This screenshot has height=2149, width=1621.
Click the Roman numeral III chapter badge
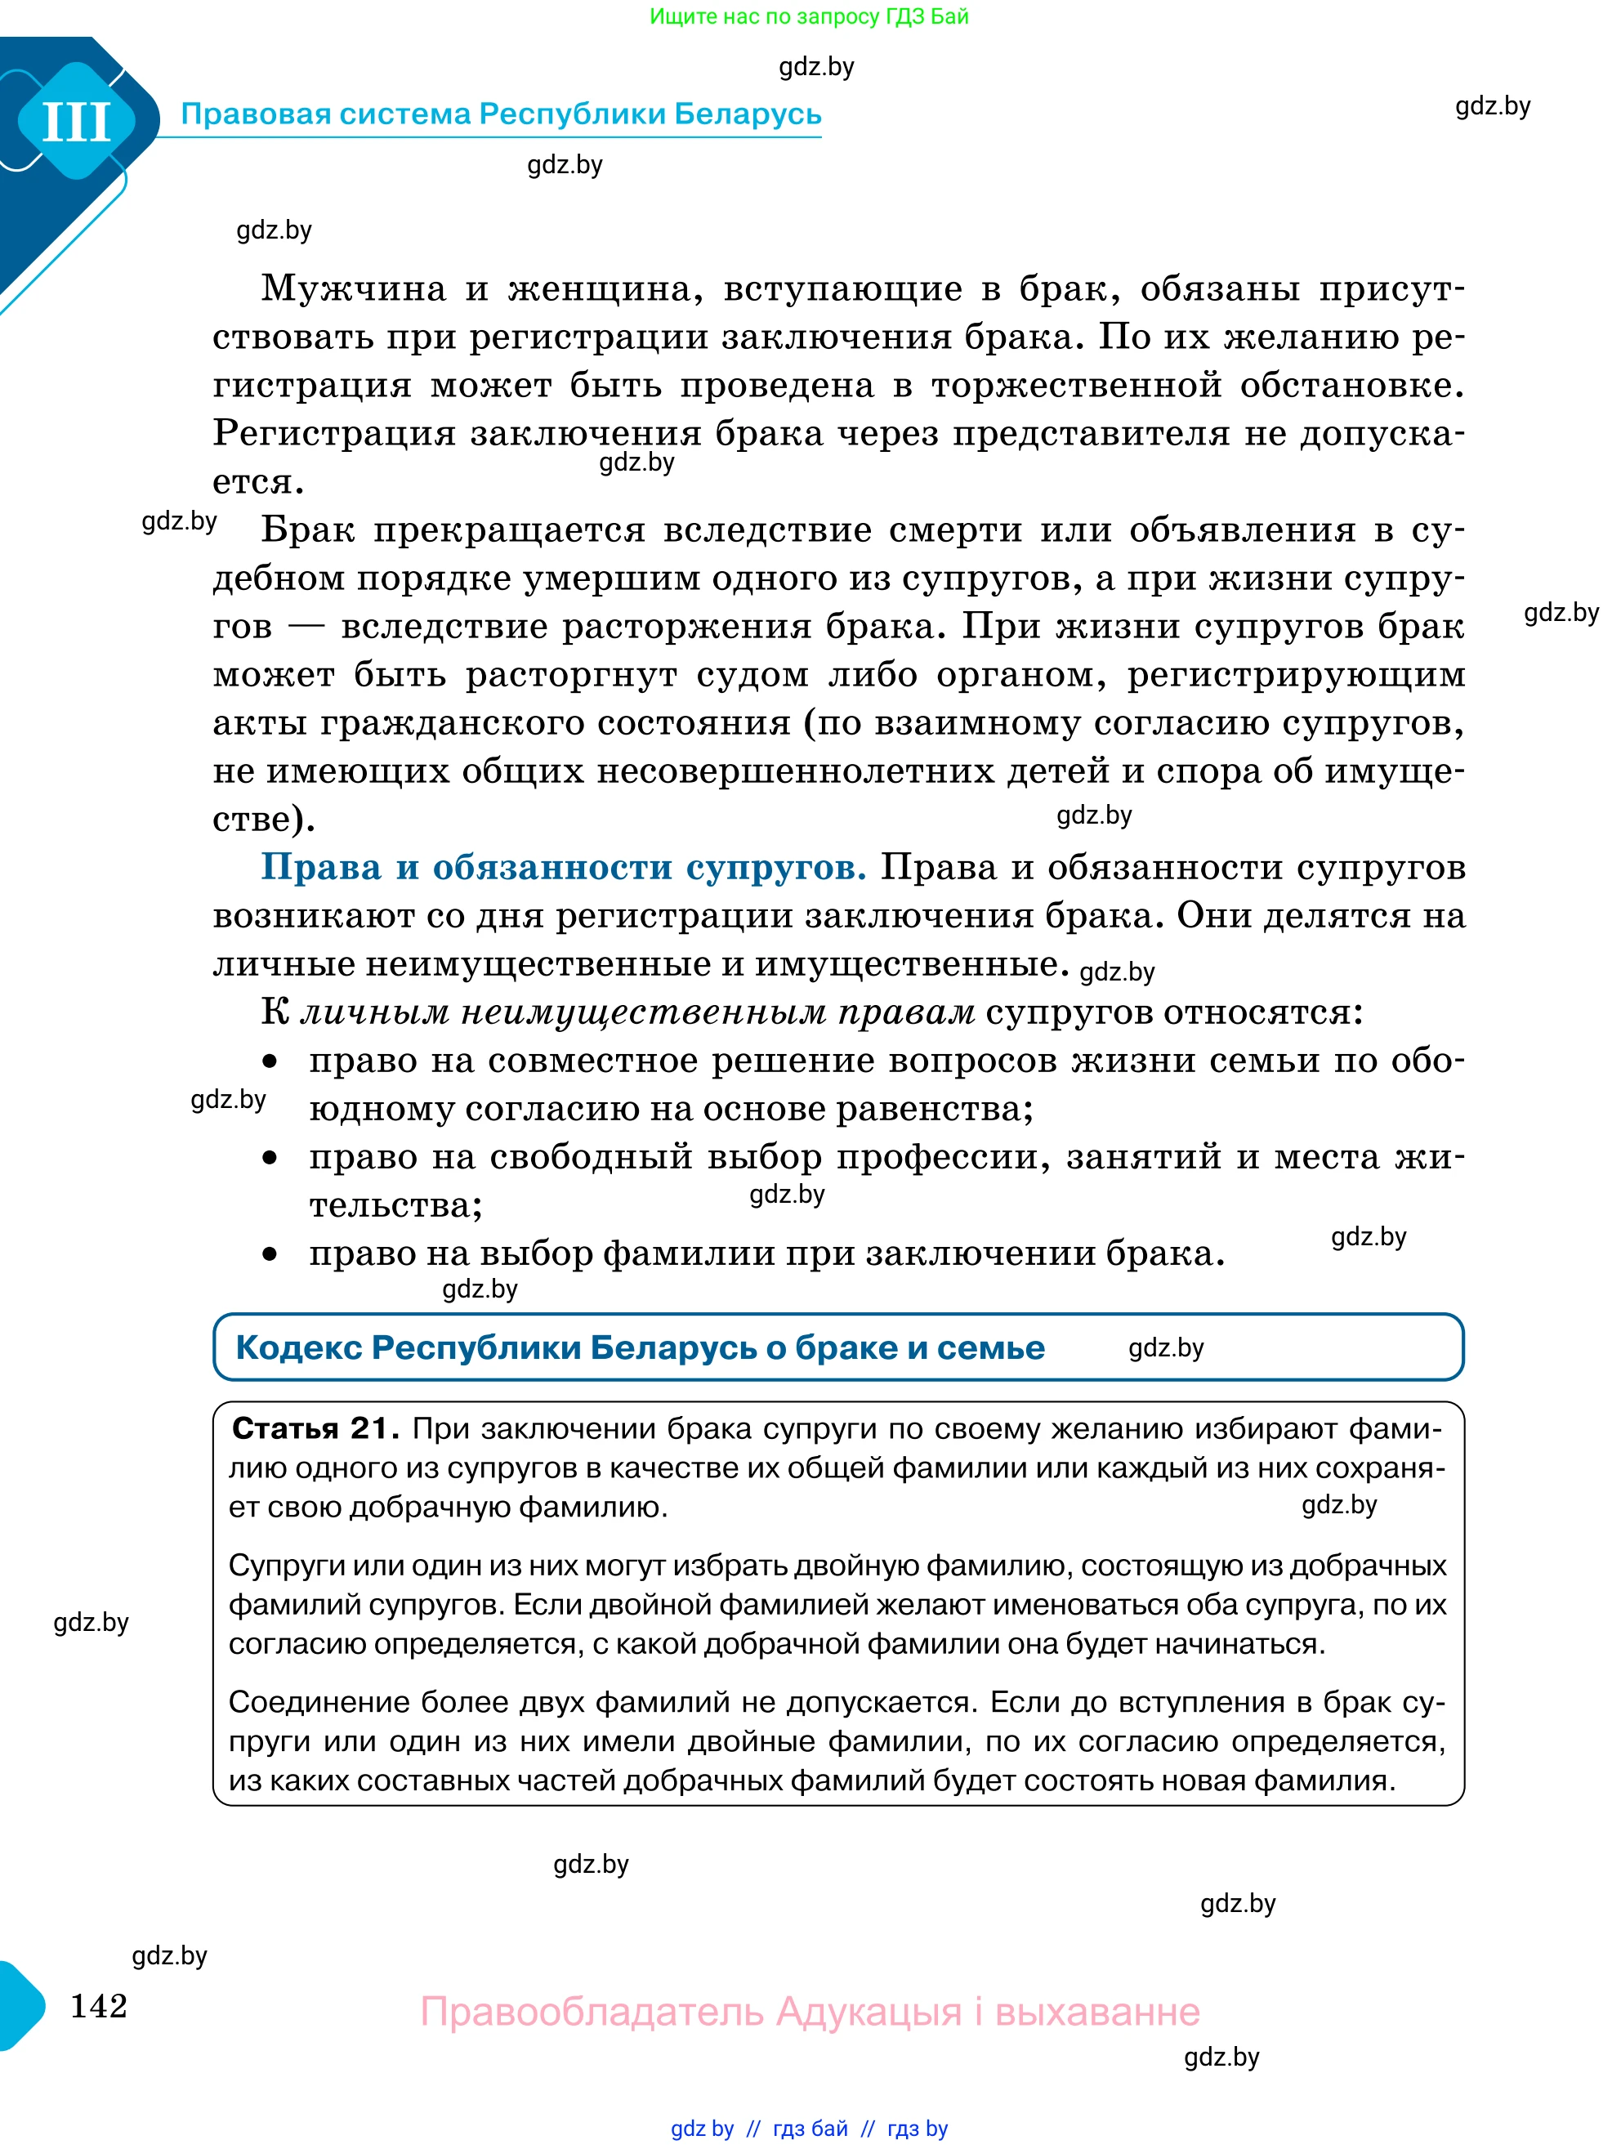click(x=77, y=123)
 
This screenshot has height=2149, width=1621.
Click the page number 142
click(x=98, y=2005)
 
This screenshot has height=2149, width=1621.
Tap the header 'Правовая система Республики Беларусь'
click(x=501, y=114)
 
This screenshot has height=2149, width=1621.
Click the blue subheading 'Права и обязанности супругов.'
click(x=563, y=867)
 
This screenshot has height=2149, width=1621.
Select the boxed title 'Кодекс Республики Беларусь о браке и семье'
click(x=640, y=1347)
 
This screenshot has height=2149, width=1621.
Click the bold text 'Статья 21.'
click(x=315, y=1428)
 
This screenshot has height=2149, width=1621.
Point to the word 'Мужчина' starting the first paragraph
click(x=354, y=288)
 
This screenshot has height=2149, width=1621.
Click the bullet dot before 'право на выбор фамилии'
click(x=270, y=1254)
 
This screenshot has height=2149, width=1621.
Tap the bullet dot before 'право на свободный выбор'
click(x=270, y=1158)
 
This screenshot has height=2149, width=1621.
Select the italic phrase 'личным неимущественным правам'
click(x=637, y=1012)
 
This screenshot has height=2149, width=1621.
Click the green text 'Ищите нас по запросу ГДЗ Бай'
click(x=808, y=16)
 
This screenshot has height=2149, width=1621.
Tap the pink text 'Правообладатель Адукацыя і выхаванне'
click(x=809, y=2011)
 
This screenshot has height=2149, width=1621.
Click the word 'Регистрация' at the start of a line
click(x=333, y=433)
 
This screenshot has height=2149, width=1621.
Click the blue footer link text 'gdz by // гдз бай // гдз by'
click(x=808, y=2129)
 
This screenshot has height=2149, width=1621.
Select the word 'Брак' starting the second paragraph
click(x=308, y=530)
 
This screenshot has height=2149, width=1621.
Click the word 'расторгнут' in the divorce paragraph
click(x=571, y=674)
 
